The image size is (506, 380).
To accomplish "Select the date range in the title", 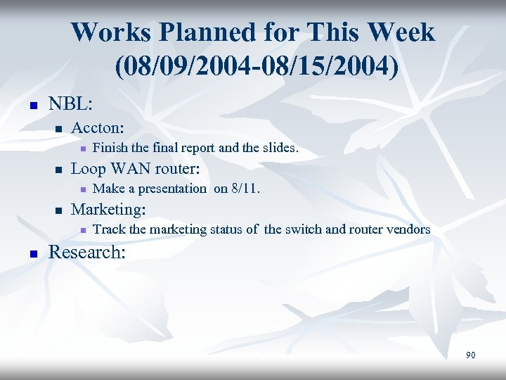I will pyautogui.click(x=252, y=67).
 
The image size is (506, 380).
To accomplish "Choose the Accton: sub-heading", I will pyautogui.click(x=98, y=128).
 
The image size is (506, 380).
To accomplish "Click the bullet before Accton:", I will pyautogui.click(x=59, y=129).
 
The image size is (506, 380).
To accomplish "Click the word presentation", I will pyautogui.click(x=171, y=189).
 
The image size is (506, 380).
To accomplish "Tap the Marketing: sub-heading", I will pyautogui.click(x=108, y=209).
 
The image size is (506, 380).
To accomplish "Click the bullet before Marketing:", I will pyautogui.click(x=59, y=210).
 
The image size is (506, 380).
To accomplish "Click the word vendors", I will pyautogui.click(x=407, y=229).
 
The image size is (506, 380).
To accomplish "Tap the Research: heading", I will pyautogui.click(x=86, y=252).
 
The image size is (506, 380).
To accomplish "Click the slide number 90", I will pyautogui.click(x=470, y=355).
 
